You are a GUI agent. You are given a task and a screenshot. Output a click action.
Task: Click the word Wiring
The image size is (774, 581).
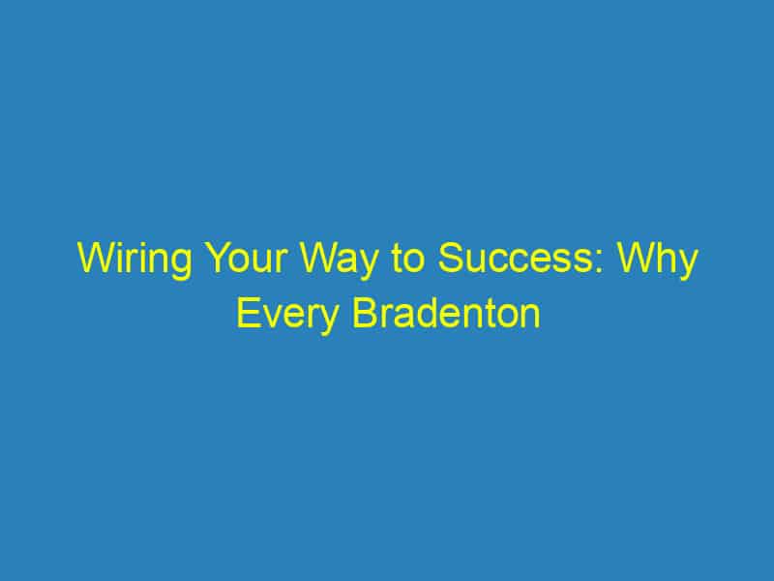(127, 262)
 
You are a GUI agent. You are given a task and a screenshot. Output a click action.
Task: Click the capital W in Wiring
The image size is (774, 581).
(93, 261)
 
